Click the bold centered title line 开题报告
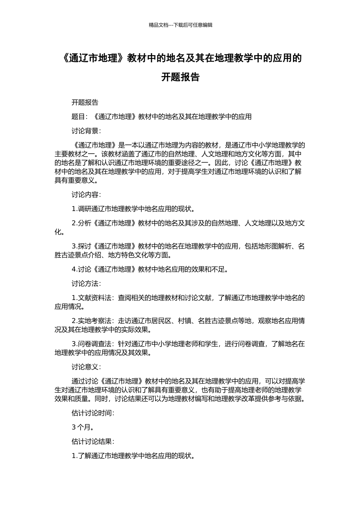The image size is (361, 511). point(180,77)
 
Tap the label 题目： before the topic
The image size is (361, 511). point(80,117)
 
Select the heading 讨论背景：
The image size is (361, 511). point(86,131)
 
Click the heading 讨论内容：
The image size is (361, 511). point(86,195)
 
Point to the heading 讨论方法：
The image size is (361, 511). point(86,284)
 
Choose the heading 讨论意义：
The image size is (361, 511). point(86,367)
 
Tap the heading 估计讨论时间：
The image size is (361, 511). point(93,413)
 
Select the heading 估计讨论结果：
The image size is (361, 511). point(93,441)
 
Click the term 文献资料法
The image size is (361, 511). point(95,298)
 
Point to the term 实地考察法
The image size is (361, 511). point(95,321)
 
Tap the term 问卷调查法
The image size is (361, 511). point(95,344)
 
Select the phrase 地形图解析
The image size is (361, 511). point(275,246)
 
